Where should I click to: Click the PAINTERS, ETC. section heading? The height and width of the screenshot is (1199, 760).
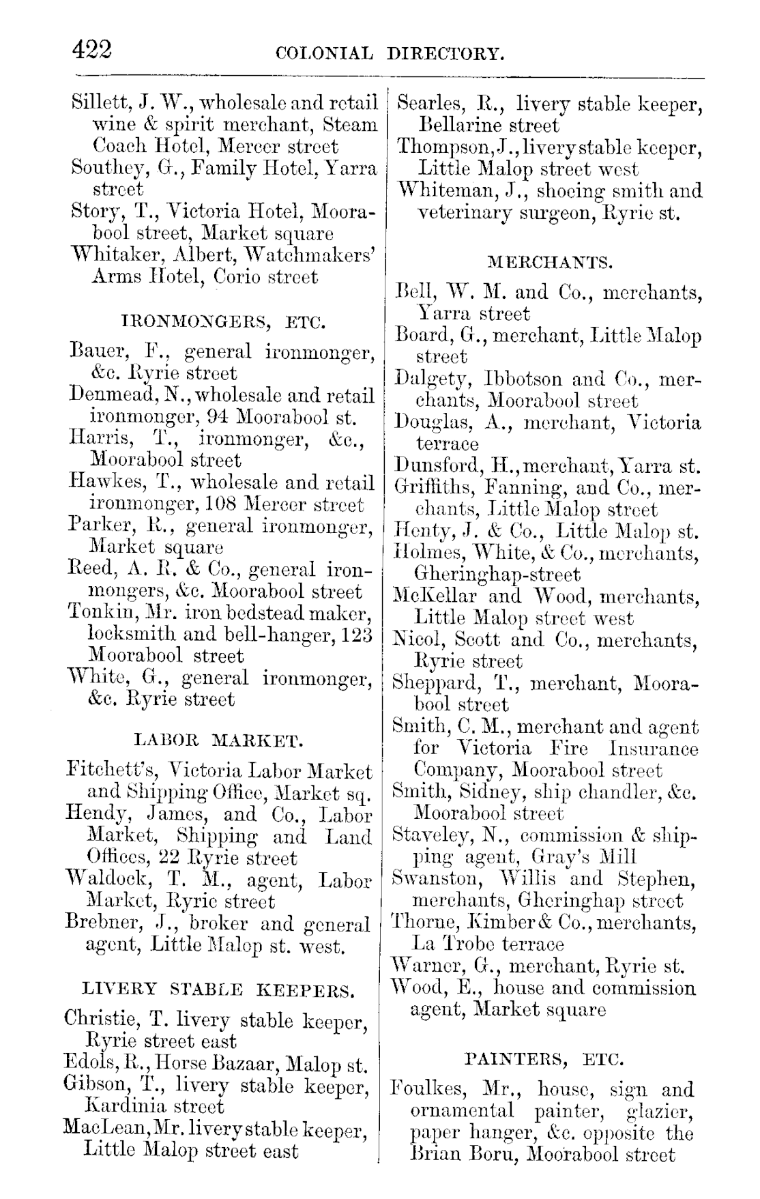[544, 1060]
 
